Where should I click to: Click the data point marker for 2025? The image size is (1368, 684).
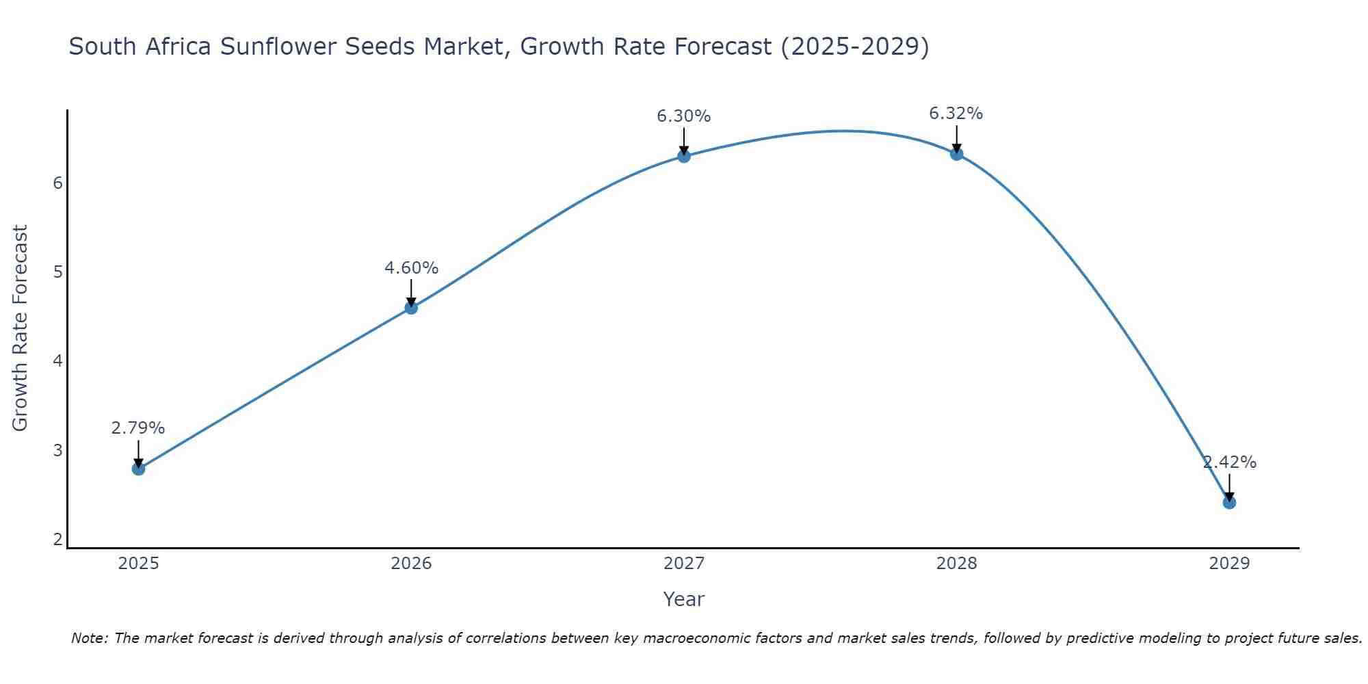coord(138,469)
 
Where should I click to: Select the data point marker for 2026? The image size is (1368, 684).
coord(411,308)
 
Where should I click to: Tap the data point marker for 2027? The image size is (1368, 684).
coord(684,156)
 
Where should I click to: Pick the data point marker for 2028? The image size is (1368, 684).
coord(957,154)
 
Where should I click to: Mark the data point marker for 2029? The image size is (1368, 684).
coord(1229,503)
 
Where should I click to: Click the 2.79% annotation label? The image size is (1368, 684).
coord(138,428)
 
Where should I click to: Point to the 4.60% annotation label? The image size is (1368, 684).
coord(411,268)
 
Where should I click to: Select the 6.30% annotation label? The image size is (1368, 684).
coord(684,116)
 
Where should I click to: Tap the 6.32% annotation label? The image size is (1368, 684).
coord(956,114)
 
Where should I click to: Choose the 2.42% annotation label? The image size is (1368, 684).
coord(1230,462)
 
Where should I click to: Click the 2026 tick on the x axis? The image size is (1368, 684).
coord(411,564)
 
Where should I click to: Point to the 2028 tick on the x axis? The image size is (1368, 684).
coord(957,564)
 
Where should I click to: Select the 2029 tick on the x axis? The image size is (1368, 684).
coord(1229,564)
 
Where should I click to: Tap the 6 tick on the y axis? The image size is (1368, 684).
coord(58,183)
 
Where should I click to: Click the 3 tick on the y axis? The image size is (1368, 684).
coord(58,451)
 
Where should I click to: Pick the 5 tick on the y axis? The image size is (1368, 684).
coord(58,272)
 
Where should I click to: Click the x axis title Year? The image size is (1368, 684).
coord(684,599)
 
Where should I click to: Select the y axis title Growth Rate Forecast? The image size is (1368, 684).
coord(21,328)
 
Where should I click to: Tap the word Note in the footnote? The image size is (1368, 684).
coord(88,638)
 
